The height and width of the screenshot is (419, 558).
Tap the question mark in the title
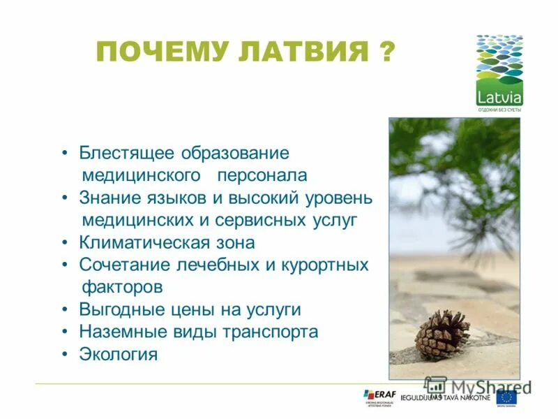click(386, 52)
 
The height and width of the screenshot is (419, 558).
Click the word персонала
click(262, 175)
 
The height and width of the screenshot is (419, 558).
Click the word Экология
click(119, 354)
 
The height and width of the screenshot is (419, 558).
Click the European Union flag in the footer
click(506, 397)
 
